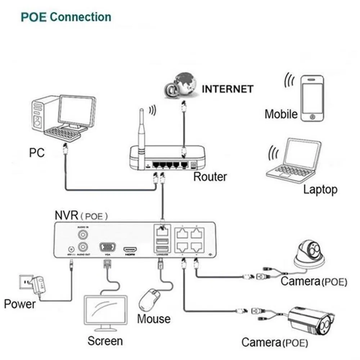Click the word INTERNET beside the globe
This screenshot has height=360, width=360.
tap(228, 89)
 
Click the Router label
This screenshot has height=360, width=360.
tap(210, 177)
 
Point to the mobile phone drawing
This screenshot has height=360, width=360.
tap(312, 98)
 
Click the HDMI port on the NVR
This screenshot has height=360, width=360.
tap(130, 249)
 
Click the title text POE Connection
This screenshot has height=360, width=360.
tap(66, 17)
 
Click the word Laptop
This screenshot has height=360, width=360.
tap(320, 189)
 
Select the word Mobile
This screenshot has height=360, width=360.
tap(281, 114)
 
